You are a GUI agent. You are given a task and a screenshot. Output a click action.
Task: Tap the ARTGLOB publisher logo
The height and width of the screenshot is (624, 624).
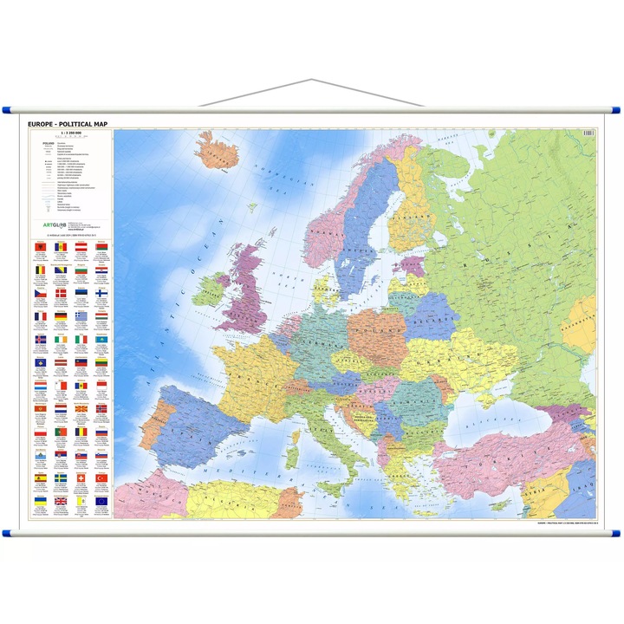(x=54, y=223)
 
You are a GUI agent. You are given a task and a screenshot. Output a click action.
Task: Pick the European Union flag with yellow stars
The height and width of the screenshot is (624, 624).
(x=101, y=501)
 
